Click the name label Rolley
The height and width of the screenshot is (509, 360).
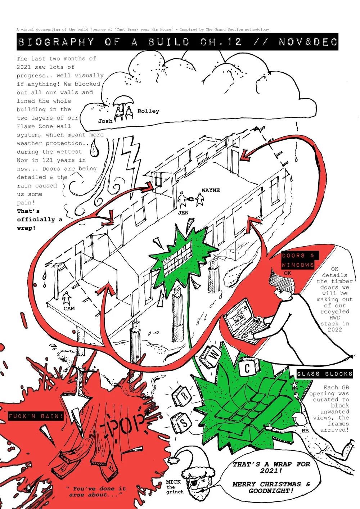[148, 111]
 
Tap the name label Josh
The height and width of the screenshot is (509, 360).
[105, 121]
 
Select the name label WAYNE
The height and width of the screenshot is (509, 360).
[211, 190]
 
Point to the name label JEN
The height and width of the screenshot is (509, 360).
[183, 213]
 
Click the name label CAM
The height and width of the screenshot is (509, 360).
[69, 308]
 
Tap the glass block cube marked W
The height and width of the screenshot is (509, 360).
[213, 355]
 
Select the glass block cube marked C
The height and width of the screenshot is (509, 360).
[247, 368]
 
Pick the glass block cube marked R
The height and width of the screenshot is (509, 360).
[184, 396]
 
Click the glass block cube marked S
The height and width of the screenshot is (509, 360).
[183, 422]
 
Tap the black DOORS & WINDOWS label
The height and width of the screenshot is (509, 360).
[298, 260]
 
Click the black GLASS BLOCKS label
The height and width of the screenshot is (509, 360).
[324, 374]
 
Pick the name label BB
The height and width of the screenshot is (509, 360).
[305, 431]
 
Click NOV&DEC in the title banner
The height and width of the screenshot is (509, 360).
[308, 42]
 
